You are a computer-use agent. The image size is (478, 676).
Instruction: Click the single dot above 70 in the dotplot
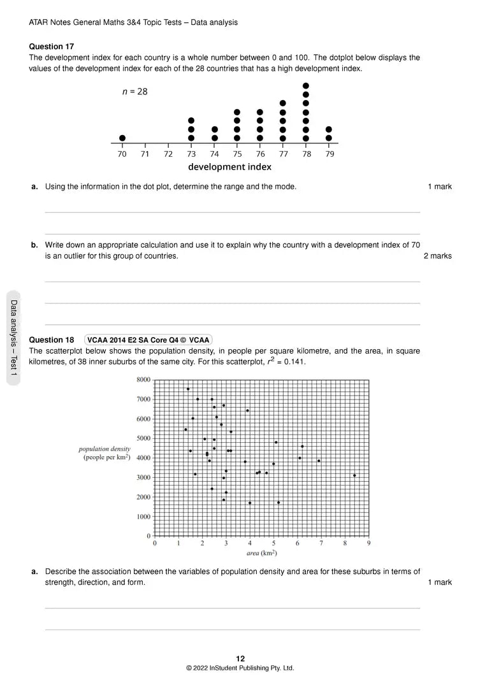click(x=122, y=138)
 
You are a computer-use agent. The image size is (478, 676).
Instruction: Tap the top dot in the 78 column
click(x=306, y=86)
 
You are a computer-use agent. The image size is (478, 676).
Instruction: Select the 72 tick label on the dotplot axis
click(x=168, y=154)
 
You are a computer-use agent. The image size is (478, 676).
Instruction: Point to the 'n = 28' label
click(x=134, y=92)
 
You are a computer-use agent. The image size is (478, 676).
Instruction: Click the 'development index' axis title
click(x=229, y=167)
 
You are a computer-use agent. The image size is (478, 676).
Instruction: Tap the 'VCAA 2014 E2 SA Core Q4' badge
click(x=148, y=340)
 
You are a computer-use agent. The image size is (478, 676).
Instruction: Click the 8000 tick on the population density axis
click(x=143, y=380)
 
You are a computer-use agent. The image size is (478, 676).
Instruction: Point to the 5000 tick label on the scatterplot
click(x=143, y=438)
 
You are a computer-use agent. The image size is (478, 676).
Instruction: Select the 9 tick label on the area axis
click(x=369, y=543)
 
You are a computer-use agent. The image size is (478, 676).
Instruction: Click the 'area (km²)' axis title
click(x=261, y=553)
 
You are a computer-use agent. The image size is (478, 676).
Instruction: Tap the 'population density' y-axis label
click(x=105, y=449)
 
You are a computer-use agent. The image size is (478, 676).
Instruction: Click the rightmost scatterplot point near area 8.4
click(x=354, y=475)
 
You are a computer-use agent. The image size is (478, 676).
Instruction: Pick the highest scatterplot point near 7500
click(x=188, y=389)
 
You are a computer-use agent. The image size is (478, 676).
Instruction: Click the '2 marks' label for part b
click(x=437, y=256)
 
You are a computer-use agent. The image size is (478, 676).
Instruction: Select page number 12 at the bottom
click(x=240, y=659)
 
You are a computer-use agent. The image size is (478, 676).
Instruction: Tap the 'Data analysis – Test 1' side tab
click(x=13, y=338)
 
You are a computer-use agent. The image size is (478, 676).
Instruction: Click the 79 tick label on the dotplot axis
click(x=329, y=154)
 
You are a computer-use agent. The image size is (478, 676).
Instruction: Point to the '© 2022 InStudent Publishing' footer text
click(x=240, y=668)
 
